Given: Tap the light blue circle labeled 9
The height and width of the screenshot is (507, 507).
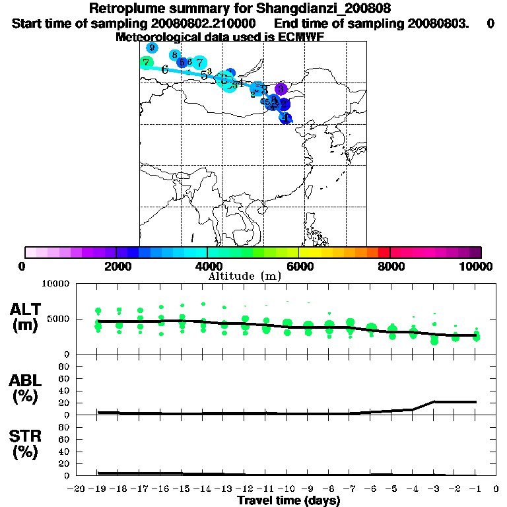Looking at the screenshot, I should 152,48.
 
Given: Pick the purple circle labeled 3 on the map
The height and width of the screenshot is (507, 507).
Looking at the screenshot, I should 281,88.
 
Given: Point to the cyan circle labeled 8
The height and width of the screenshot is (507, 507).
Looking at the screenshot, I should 174,55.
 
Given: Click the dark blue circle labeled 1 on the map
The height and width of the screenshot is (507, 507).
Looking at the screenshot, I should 285,118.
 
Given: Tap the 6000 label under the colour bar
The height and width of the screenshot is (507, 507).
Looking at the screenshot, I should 298,267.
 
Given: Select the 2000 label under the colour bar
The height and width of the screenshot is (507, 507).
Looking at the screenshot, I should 116,267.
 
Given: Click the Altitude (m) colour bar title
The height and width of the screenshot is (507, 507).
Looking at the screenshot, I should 244,277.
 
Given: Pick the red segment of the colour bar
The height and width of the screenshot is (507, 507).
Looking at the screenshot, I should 384,252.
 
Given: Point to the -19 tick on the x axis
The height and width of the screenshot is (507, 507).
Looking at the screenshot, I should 98,489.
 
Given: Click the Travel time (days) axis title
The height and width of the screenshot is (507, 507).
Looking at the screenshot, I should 288,501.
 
